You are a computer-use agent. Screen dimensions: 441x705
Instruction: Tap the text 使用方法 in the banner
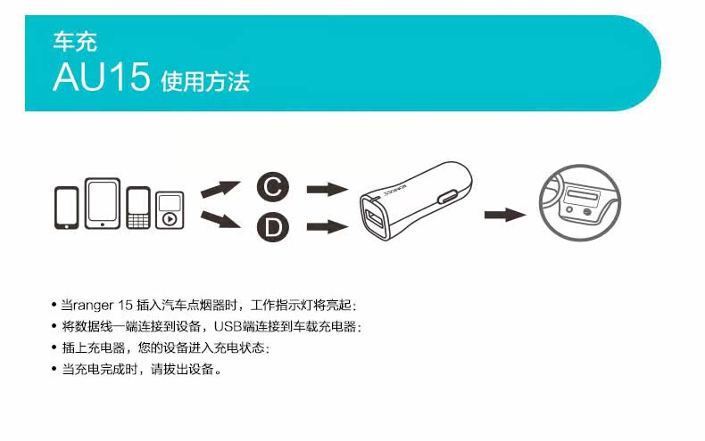click(205, 82)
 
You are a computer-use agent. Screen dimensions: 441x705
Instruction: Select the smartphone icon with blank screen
click(68, 208)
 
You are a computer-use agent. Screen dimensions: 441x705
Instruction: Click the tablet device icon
click(103, 204)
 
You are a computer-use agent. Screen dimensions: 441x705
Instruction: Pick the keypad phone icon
click(137, 208)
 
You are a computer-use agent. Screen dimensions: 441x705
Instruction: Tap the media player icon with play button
click(170, 210)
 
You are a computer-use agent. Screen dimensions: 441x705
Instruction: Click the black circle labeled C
click(273, 187)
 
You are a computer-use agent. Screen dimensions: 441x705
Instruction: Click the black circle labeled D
click(273, 227)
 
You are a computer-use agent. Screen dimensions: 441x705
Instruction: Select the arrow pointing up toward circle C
click(220, 188)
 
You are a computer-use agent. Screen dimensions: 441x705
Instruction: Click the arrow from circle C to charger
click(326, 189)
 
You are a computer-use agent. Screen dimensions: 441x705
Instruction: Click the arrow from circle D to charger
click(326, 227)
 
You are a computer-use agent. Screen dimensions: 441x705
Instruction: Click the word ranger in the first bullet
click(93, 306)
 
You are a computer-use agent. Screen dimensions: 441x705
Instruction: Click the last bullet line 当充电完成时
click(140, 369)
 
